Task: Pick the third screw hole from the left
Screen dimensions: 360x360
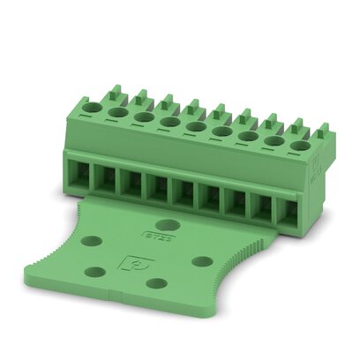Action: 144,116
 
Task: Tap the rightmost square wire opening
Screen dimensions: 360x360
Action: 286,212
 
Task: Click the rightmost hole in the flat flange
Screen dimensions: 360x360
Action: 202,261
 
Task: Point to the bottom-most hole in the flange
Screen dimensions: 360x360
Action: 156,283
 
